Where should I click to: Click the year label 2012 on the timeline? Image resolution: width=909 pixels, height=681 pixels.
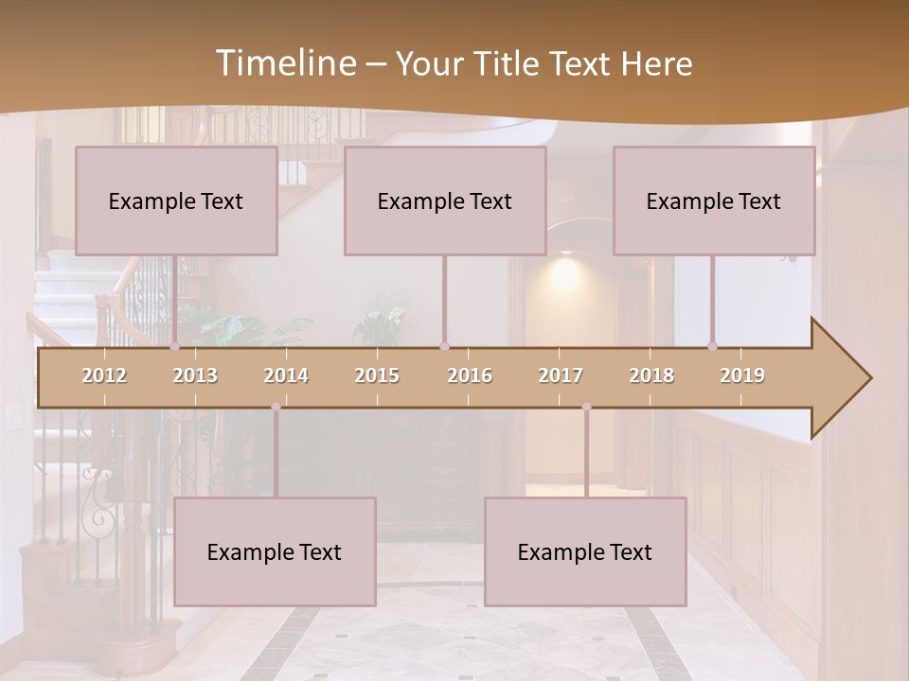click(x=104, y=375)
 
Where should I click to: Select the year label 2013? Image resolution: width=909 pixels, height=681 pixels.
click(x=195, y=375)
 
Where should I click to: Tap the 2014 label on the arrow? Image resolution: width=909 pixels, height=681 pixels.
click(x=286, y=375)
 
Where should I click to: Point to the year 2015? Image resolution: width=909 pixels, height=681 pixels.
click(x=377, y=375)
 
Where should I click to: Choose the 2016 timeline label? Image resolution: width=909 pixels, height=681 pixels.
click(x=470, y=375)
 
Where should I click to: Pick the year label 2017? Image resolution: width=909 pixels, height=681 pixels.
click(x=561, y=375)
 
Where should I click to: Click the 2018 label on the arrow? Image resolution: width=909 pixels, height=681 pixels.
click(x=651, y=375)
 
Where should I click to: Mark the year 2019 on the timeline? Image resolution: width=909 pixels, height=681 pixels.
click(x=742, y=375)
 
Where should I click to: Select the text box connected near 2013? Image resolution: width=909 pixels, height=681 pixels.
click(x=176, y=201)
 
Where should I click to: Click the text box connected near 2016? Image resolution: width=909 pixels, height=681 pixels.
click(x=445, y=201)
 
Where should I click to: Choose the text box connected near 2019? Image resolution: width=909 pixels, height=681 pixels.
click(x=714, y=201)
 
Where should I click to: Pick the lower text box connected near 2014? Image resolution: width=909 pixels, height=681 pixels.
click(x=275, y=551)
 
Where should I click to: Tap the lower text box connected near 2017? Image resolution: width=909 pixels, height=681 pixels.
click(x=585, y=551)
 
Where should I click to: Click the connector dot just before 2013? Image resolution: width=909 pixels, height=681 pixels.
click(x=174, y=347)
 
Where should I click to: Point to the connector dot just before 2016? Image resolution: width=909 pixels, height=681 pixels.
click(x=444, y=347)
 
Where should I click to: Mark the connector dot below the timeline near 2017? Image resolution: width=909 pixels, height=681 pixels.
click(x=586, y=407)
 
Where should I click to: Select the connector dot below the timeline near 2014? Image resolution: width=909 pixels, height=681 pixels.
click(x=276, y=407)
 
